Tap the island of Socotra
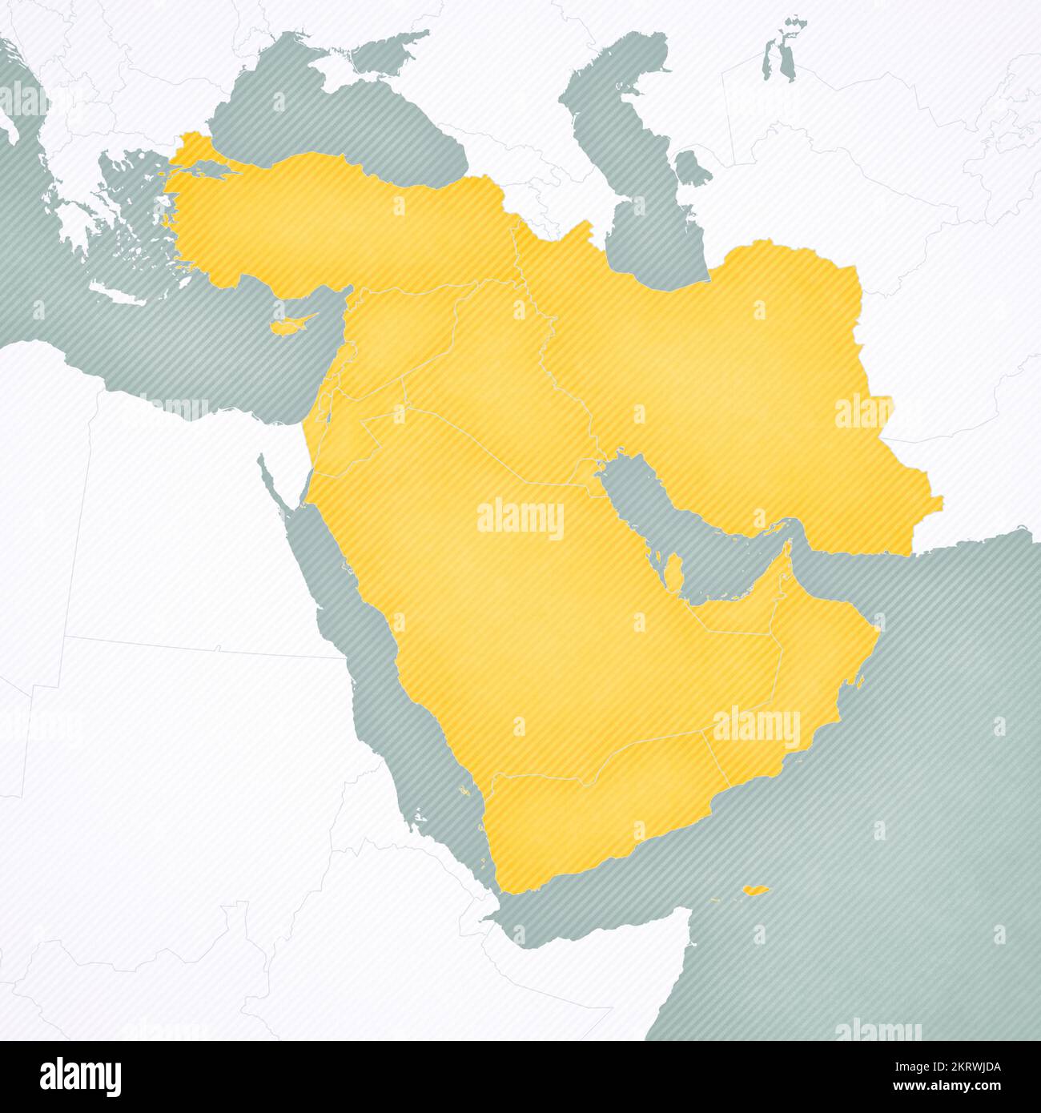(755, 890)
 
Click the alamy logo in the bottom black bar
(81, 1076)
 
